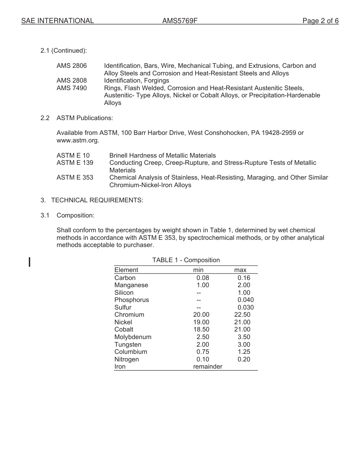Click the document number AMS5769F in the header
pyautogui.click(x=180, y=21)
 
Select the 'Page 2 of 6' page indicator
pyautogui.click(x=320, y=21)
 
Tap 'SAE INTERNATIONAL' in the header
pyautogui.click(x=58, y=21)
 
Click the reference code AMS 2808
pyautogui.click(x=72, y=81)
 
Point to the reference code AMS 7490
pyautogui.click(x=72, y=88)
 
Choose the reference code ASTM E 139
pyautogui.click(x=75, y=163)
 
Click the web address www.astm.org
pyautogui.click(x=77, y=141)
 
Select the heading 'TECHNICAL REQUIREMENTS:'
pyautogui.click(x=97, y=200)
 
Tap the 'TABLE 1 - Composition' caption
pyautogui.click(x=186, y=260)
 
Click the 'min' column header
pyautogui.click(x=198, y=270)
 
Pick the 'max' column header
pyautogui.click(x=240, y=270)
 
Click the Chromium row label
pyautogui.click(x=129, y=315)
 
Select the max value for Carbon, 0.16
pyautogui.click(x=244, y=278)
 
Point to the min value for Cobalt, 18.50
pyautogui.click(x=201, y=330)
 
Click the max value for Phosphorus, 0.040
pyautogui.click(x=246, y=300)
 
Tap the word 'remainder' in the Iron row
pyautogui.click(x=208, y=367)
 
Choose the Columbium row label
pyautogui.click(x=131, y=352)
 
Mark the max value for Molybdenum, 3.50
pyautogui.click(x=244, y=337)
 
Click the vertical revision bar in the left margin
pyautogui.click(x=30, y=262)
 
